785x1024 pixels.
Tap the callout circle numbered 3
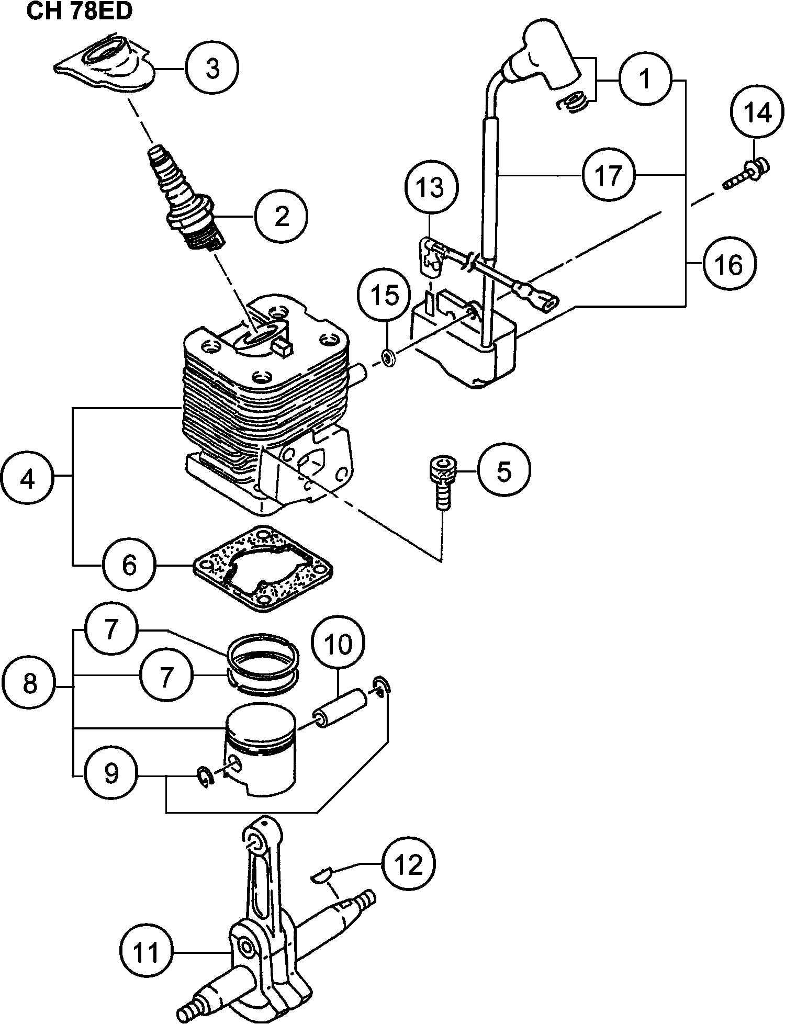(x=212, y=69)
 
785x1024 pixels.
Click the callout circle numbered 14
(x=757, y=114)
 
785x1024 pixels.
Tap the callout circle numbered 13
(x=431, y=187)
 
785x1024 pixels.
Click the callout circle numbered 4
(x=27, y=478)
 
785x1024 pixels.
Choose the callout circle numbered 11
(x=146, y=952)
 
